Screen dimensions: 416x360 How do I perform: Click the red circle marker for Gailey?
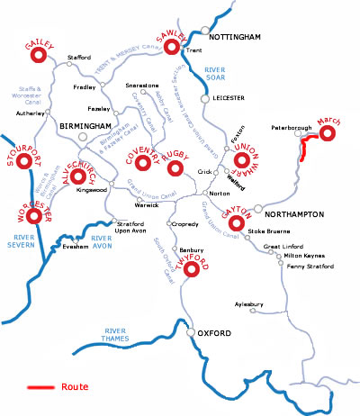tap(39, 56)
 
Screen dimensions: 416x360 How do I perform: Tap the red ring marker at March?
tap(327, 134)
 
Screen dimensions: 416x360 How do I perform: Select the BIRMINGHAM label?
tap(84, 126)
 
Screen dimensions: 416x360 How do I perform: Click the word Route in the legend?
tap(75, 386)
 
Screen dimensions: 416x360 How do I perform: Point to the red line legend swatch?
tap(40, 387)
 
